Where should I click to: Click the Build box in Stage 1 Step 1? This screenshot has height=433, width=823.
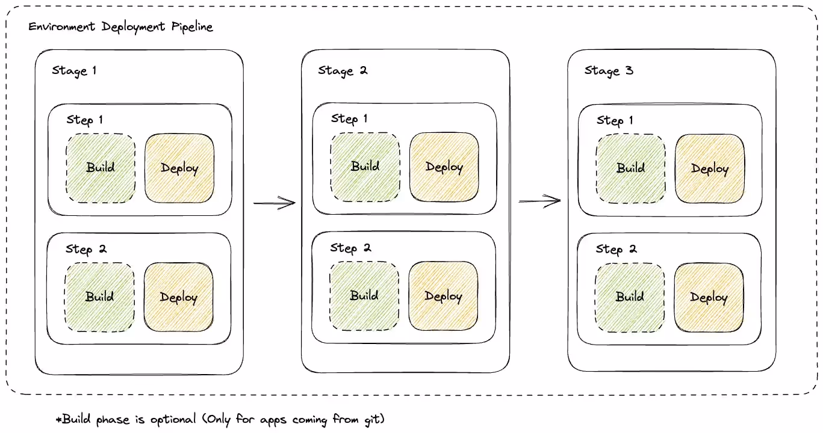101,167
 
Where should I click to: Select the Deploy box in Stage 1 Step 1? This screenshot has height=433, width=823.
179,168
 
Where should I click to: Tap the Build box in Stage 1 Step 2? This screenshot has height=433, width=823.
100,296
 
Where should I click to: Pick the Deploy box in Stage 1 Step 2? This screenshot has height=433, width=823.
179,297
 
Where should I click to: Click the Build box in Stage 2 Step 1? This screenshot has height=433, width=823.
365,167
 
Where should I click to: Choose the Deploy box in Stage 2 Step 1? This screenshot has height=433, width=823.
444,167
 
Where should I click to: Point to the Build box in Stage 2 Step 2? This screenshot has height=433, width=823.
364,296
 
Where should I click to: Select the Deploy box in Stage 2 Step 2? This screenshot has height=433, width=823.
444,296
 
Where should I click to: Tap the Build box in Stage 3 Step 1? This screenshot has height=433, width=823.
630,168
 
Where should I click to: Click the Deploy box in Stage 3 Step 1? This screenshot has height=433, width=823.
710,168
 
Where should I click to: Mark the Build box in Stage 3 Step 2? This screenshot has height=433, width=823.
630,297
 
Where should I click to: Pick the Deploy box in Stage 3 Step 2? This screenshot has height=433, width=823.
709,298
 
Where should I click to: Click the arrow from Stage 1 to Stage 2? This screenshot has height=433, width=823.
275,203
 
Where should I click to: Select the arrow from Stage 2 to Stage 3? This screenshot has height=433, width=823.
540,201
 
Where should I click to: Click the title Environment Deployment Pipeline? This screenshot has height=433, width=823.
120,27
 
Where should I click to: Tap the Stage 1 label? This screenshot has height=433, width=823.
74,71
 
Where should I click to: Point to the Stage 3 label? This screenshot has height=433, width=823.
609,71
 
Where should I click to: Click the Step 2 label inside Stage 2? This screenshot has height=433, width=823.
350,248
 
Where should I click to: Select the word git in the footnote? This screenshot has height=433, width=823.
373,419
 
